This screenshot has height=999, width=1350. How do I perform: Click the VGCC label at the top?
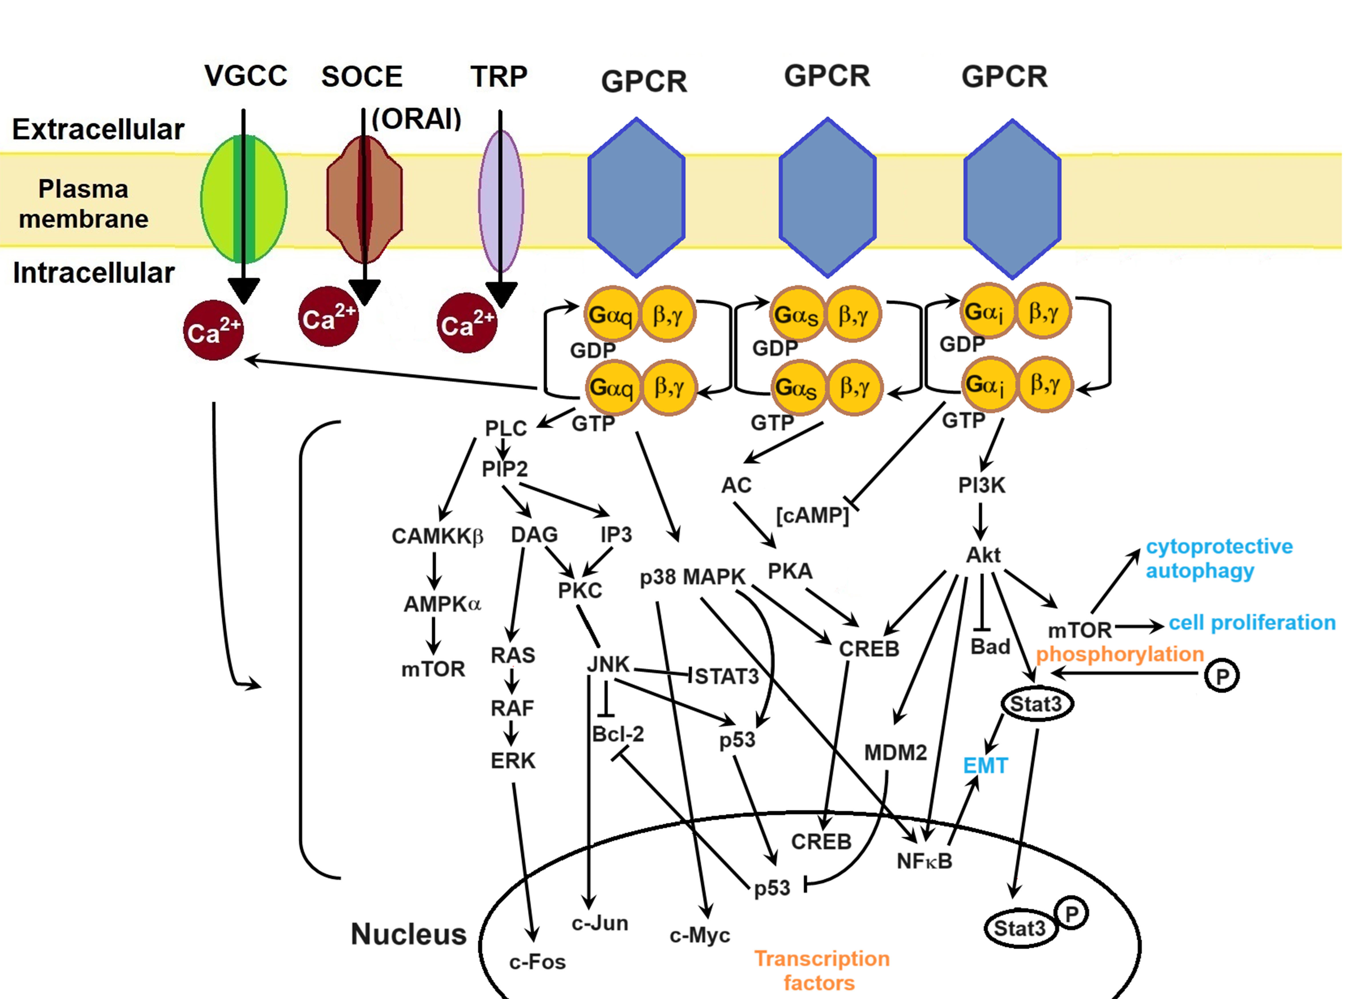click(x=245, y=76)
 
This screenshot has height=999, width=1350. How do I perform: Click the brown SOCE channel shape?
click(x=364, y=200)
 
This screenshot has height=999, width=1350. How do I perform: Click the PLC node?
click(x=506, y=428)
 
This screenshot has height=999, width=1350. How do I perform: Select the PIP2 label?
click(x=504, y=469)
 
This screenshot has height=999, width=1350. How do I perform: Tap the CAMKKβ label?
click(x=437, y=536)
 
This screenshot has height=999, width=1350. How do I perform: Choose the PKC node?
click(x=580, y=590)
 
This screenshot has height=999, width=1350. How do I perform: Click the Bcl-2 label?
click(x=618, y=734)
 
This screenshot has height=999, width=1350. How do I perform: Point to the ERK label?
click(x=513, y=761)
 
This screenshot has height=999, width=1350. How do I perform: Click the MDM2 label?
click(x=895, y=753)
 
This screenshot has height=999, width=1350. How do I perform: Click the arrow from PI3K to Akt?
click(x=980, y=521)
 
